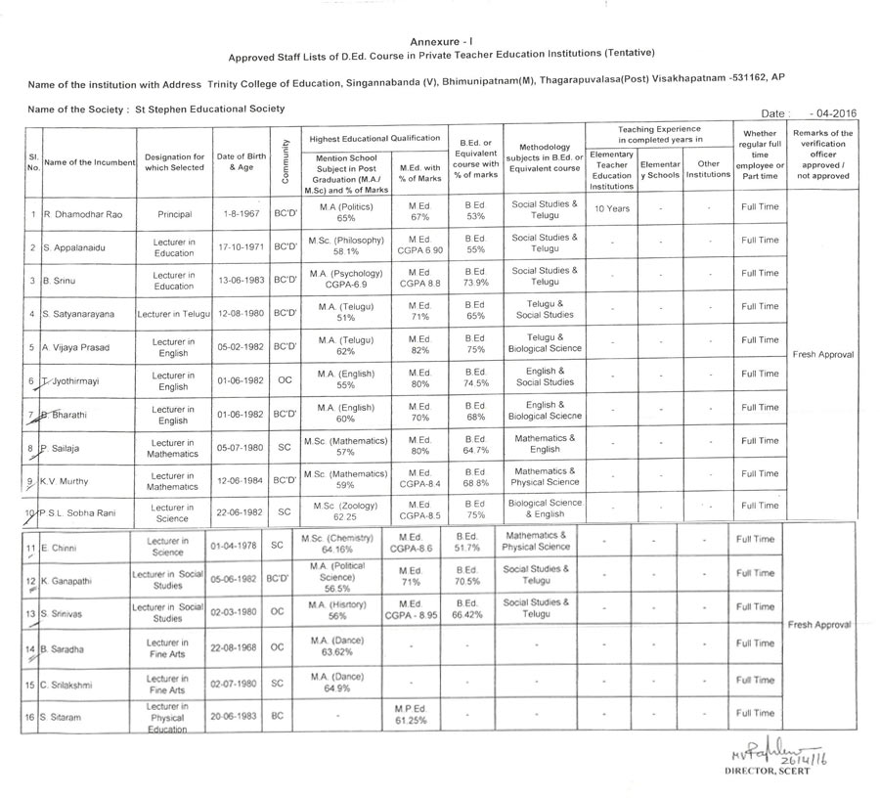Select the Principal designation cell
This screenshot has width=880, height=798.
pyautogui.click(x=173, y=213)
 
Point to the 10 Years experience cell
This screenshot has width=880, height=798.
pyautogui.click(x=612, y=208)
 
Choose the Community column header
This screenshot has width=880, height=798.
pyautogui.click(x=284, y=157)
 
